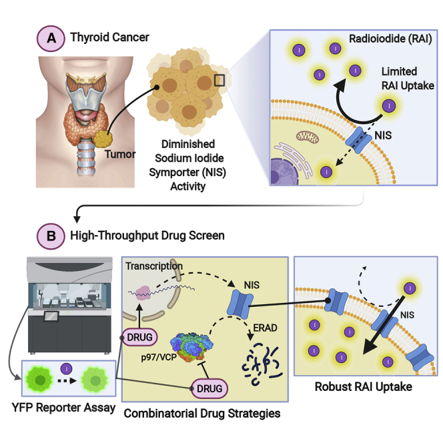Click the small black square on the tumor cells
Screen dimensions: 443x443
(220, 81)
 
